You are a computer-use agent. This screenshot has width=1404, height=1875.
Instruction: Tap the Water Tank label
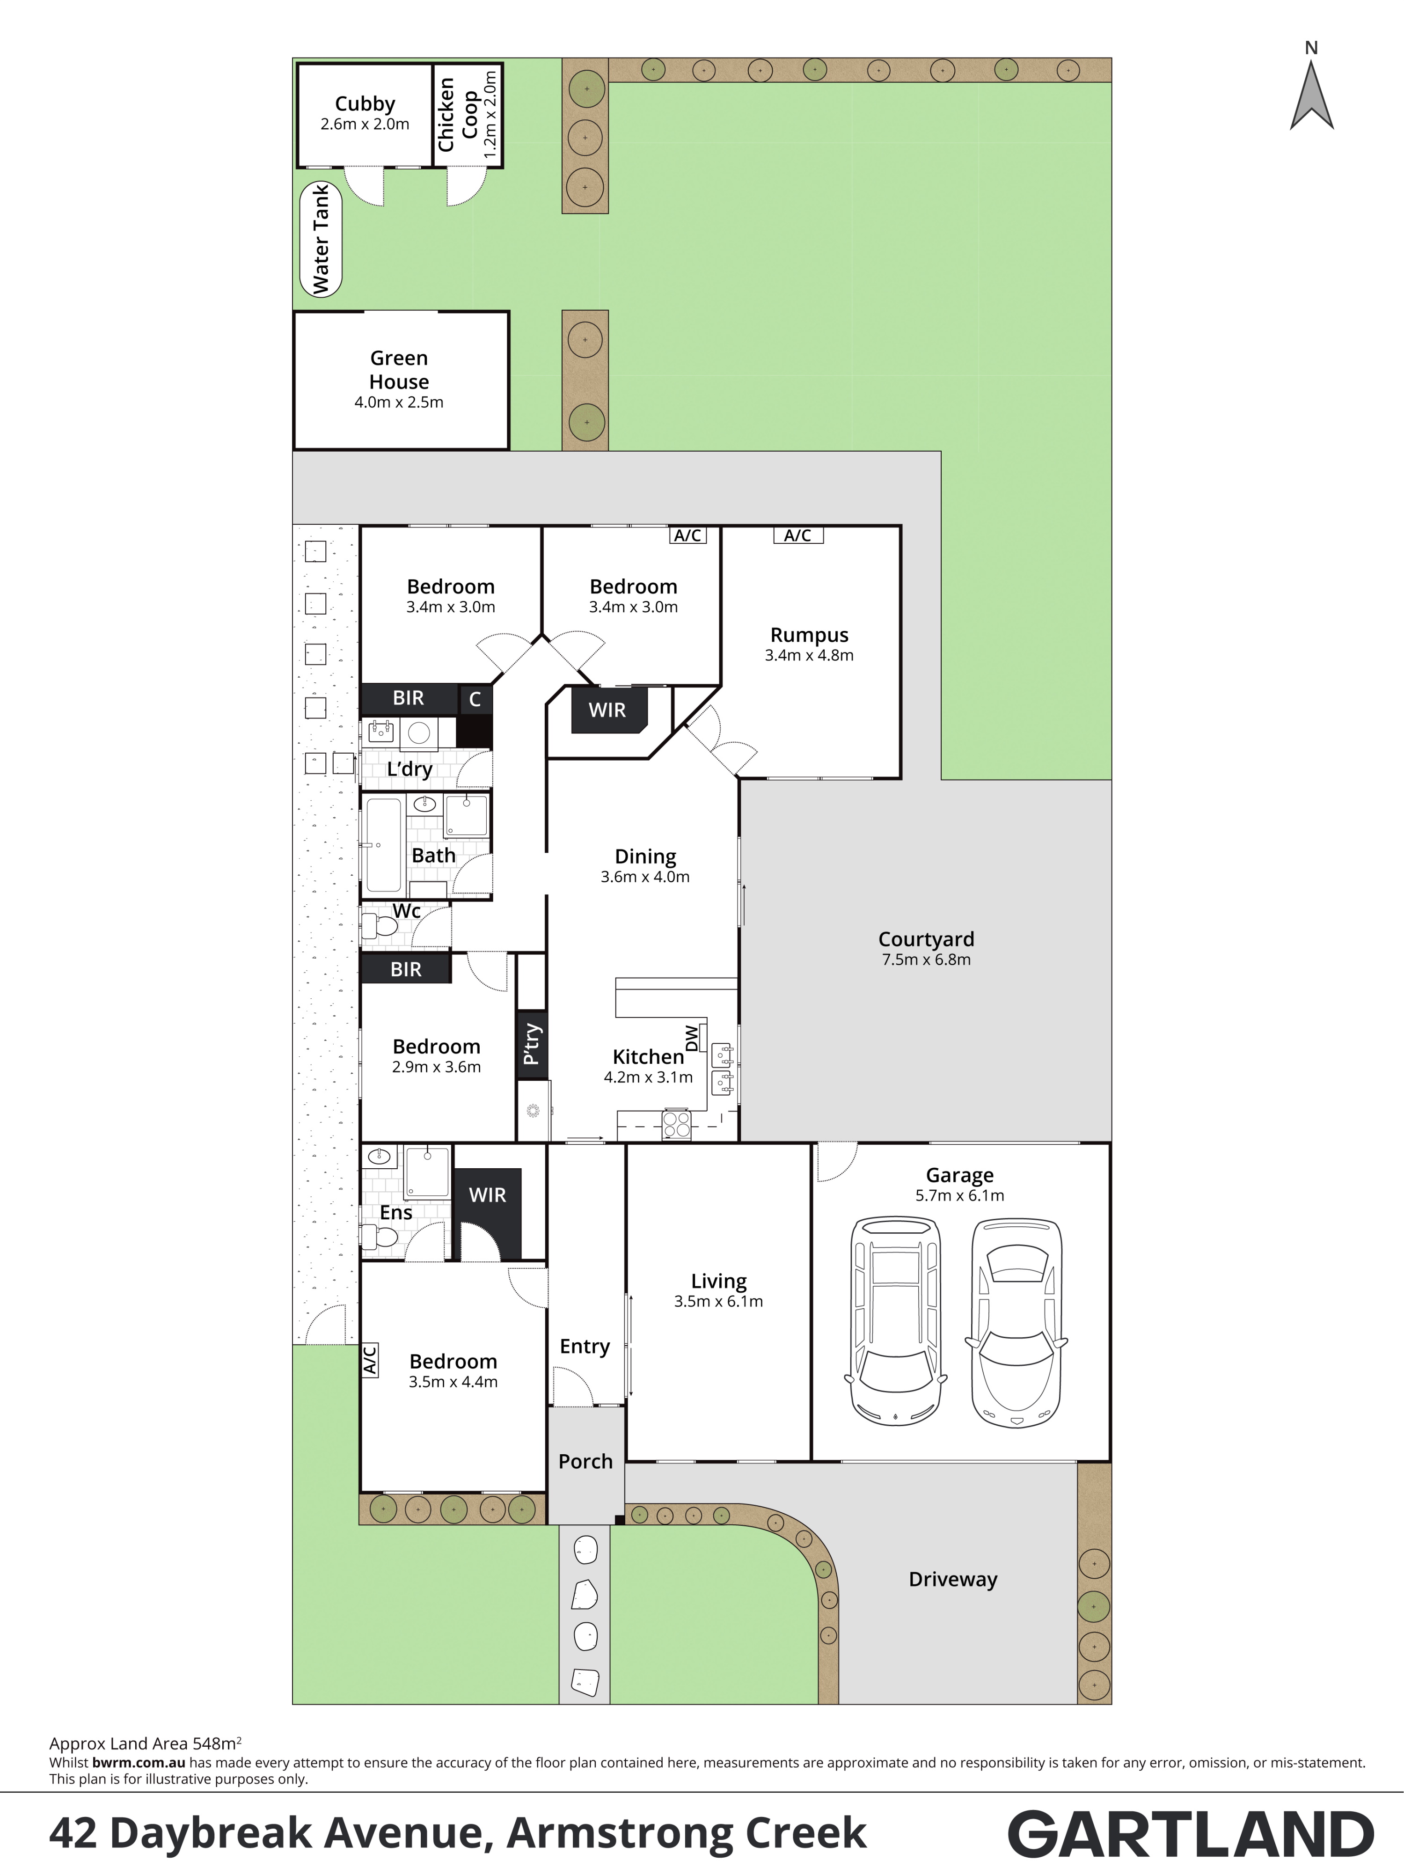[321, 240]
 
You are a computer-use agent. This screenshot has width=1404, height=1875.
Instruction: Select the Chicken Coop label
[458, 114]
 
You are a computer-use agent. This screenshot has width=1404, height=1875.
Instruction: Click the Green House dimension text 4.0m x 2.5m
[399, 403]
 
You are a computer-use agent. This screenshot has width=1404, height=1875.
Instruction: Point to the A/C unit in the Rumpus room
[798, 535]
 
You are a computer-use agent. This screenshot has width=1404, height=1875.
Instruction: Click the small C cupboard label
[475, 699]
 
